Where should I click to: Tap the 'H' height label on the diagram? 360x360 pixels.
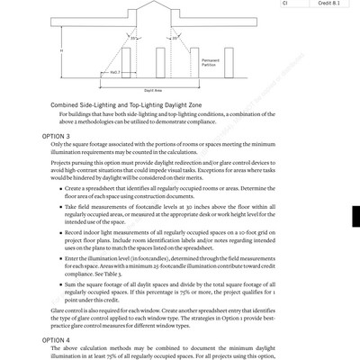tap(60, 50)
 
